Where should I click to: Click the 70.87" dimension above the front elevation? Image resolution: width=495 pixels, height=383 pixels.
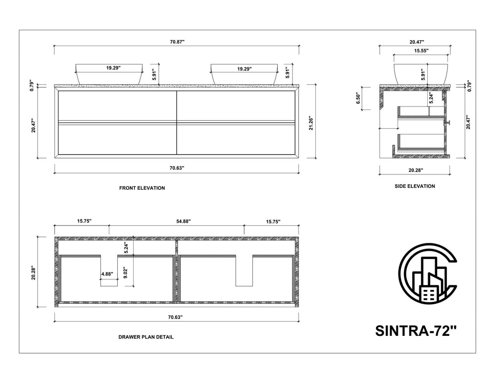[177, 42]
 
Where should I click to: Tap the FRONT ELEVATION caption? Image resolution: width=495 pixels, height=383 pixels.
[142, 188]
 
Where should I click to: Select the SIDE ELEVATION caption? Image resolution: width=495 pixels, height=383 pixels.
[415, 186]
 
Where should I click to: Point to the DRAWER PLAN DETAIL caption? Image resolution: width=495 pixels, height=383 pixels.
[146, 337]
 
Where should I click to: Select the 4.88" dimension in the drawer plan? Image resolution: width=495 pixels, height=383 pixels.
[107, 274]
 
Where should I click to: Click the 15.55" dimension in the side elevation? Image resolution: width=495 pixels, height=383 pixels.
[421, 51]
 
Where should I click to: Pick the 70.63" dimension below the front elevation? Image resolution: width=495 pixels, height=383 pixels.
[177, 168]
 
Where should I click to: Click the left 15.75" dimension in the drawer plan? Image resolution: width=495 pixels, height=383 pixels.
[84, 221]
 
